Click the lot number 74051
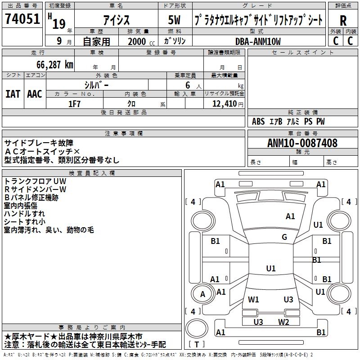(x=22, y=18)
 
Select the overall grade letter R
(x=343, y=21)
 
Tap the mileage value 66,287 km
(x=55, y=65)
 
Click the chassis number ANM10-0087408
(x=302, y=143)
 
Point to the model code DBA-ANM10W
(x=258, y=41)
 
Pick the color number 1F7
(x=74, y=104)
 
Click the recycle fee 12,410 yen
(x=228, y=104)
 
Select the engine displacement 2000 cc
(x=141, y=41)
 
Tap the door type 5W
(x=174, y=20)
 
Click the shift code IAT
(x=13, y=94)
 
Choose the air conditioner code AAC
(x=35, y=94)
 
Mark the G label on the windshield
(x=284, y=237)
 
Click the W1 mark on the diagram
(x=253, y=299)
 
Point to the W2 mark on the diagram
(x=283, y=322)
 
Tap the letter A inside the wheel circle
(x=202, y=294)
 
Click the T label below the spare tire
(x=197, y=344)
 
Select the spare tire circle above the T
(x=197, y=328)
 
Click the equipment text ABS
(x=258, y=121)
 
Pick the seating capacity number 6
(x=188, y=85)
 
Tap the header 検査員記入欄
(x=92, y=173)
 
